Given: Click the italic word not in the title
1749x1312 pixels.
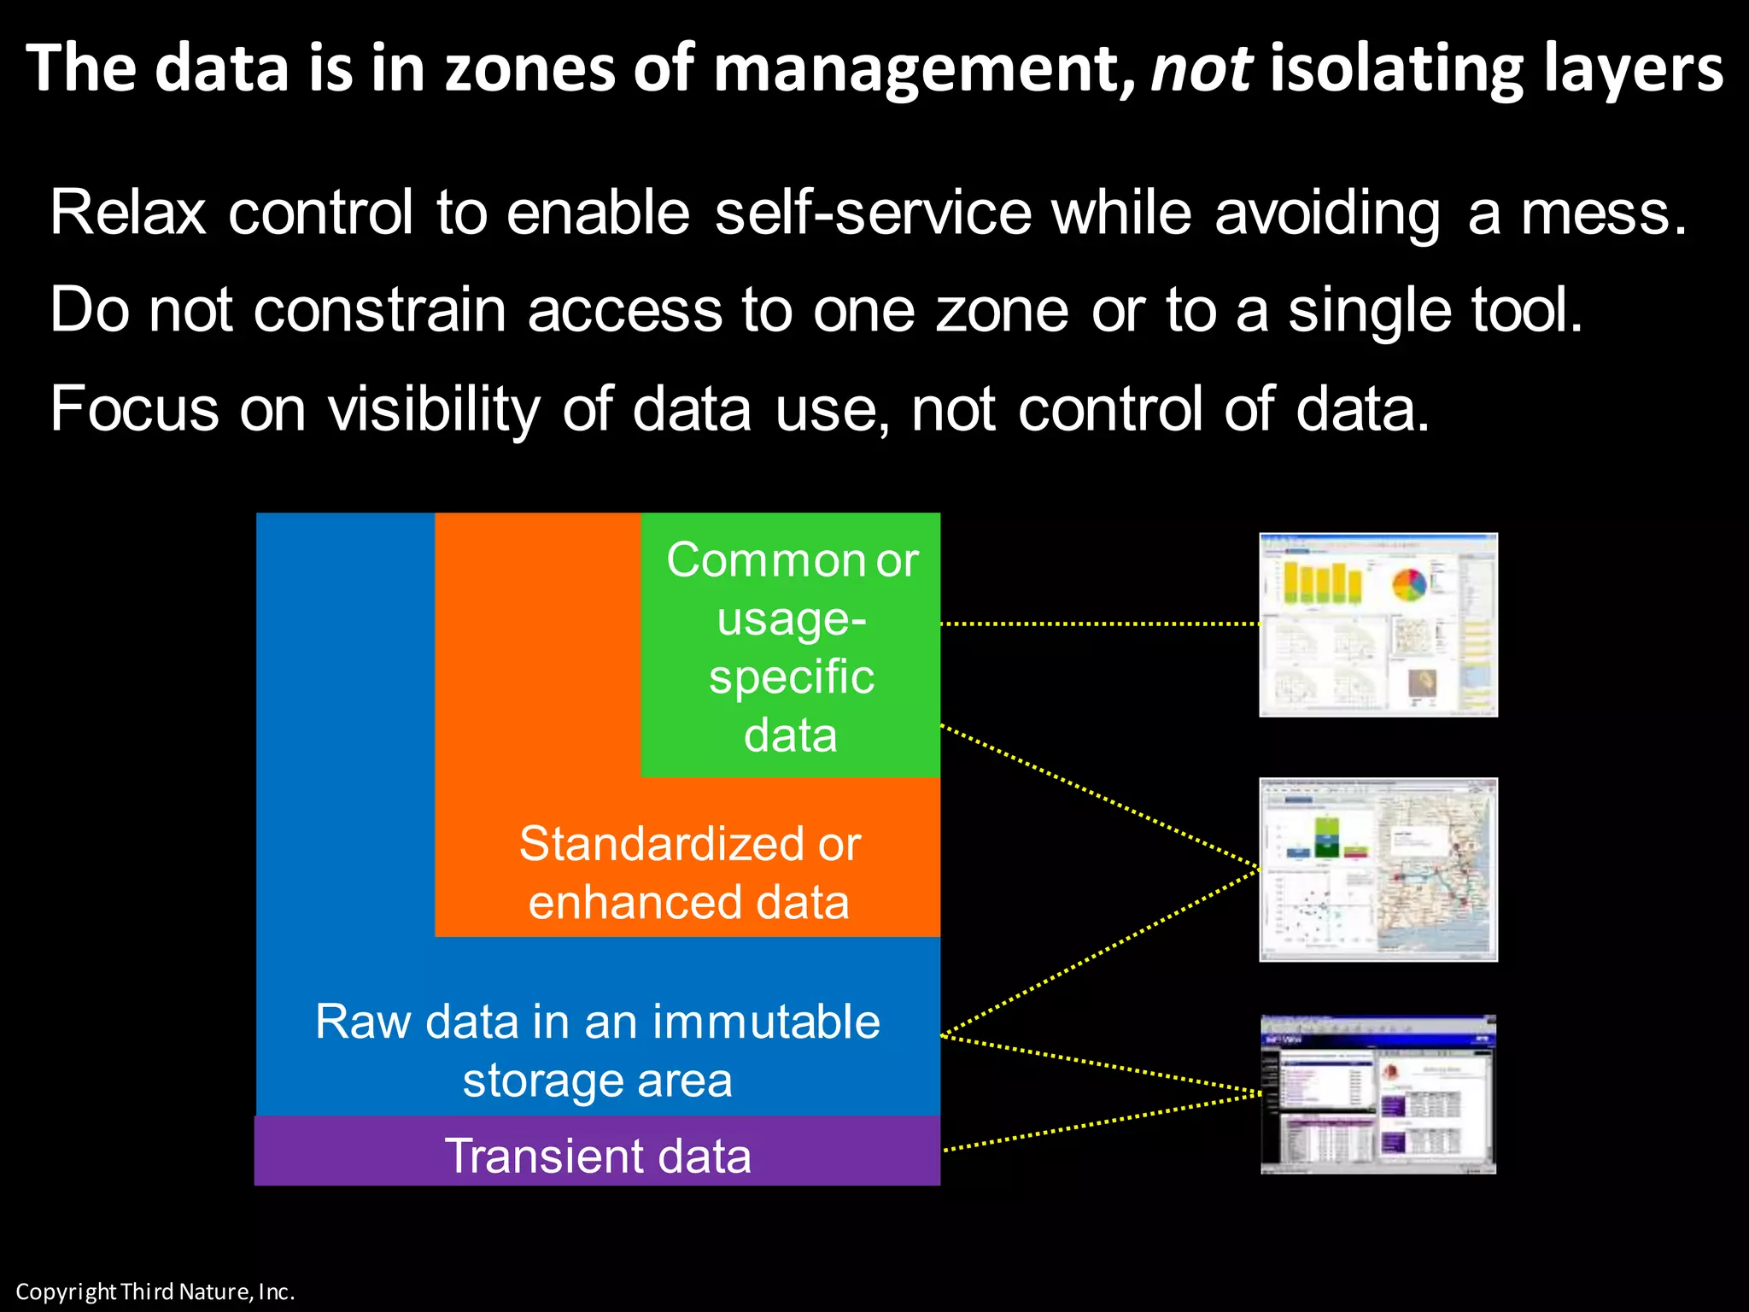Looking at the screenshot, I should [1201, 68].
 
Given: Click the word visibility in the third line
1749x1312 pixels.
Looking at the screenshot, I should [434, 408].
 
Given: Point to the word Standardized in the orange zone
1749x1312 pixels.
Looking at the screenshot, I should [662, 844].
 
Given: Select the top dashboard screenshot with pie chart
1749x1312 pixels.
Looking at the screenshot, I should [1378, 624].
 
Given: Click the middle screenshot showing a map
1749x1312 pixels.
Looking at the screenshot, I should [1378, 870].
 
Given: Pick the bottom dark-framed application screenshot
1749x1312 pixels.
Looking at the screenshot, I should [1378, 1094].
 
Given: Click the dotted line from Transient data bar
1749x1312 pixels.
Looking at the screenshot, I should [1102, 1122].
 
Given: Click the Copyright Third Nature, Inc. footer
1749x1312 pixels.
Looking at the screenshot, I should [155, 1291].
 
